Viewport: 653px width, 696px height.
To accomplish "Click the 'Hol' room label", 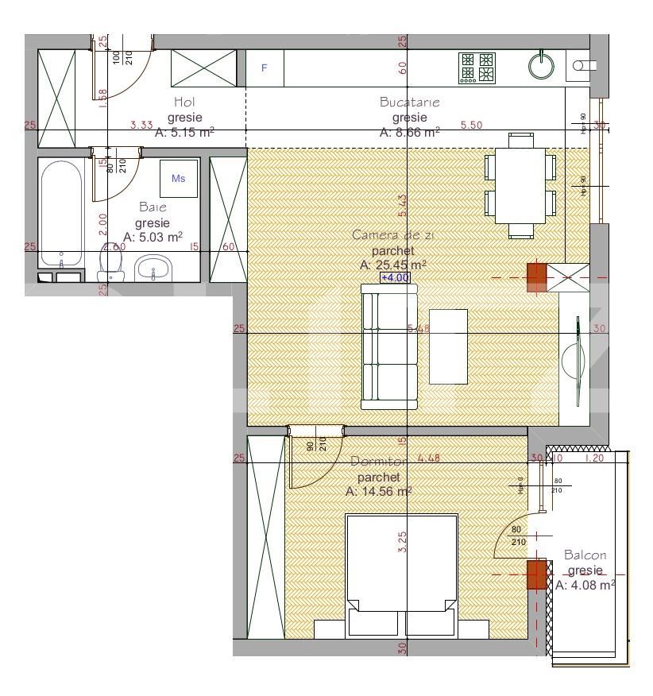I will (x=184, y=102).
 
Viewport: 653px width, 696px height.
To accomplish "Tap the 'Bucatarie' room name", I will (x=409, y=102).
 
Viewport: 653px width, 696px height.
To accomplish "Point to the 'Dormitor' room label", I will (x=378, y=462).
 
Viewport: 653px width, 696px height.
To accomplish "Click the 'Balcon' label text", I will (x=585, y=555).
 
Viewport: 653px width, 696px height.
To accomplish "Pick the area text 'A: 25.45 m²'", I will (x=393, y=265).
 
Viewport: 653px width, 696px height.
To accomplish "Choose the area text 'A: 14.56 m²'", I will (x=378, y=492).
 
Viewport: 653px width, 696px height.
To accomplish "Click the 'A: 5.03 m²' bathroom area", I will (x=153, y=237).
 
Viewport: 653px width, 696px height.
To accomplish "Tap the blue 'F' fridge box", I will (x=265, y=68).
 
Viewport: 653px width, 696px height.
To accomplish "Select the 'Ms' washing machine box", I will (x=179, y=179).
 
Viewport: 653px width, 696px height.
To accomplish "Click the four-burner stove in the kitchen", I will (x=477, y=68).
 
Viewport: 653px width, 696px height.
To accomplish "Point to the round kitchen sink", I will (x=542, y=68).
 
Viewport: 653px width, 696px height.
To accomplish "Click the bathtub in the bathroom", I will (x=60, y=215).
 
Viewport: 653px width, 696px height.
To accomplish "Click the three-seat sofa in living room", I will (x=389, y=346).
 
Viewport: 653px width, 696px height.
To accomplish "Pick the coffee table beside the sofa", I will (x=448, y=346).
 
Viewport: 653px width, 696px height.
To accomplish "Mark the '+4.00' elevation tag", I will (x=395, y=278).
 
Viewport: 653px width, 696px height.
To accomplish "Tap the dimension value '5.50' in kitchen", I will (x=472, y=126).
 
